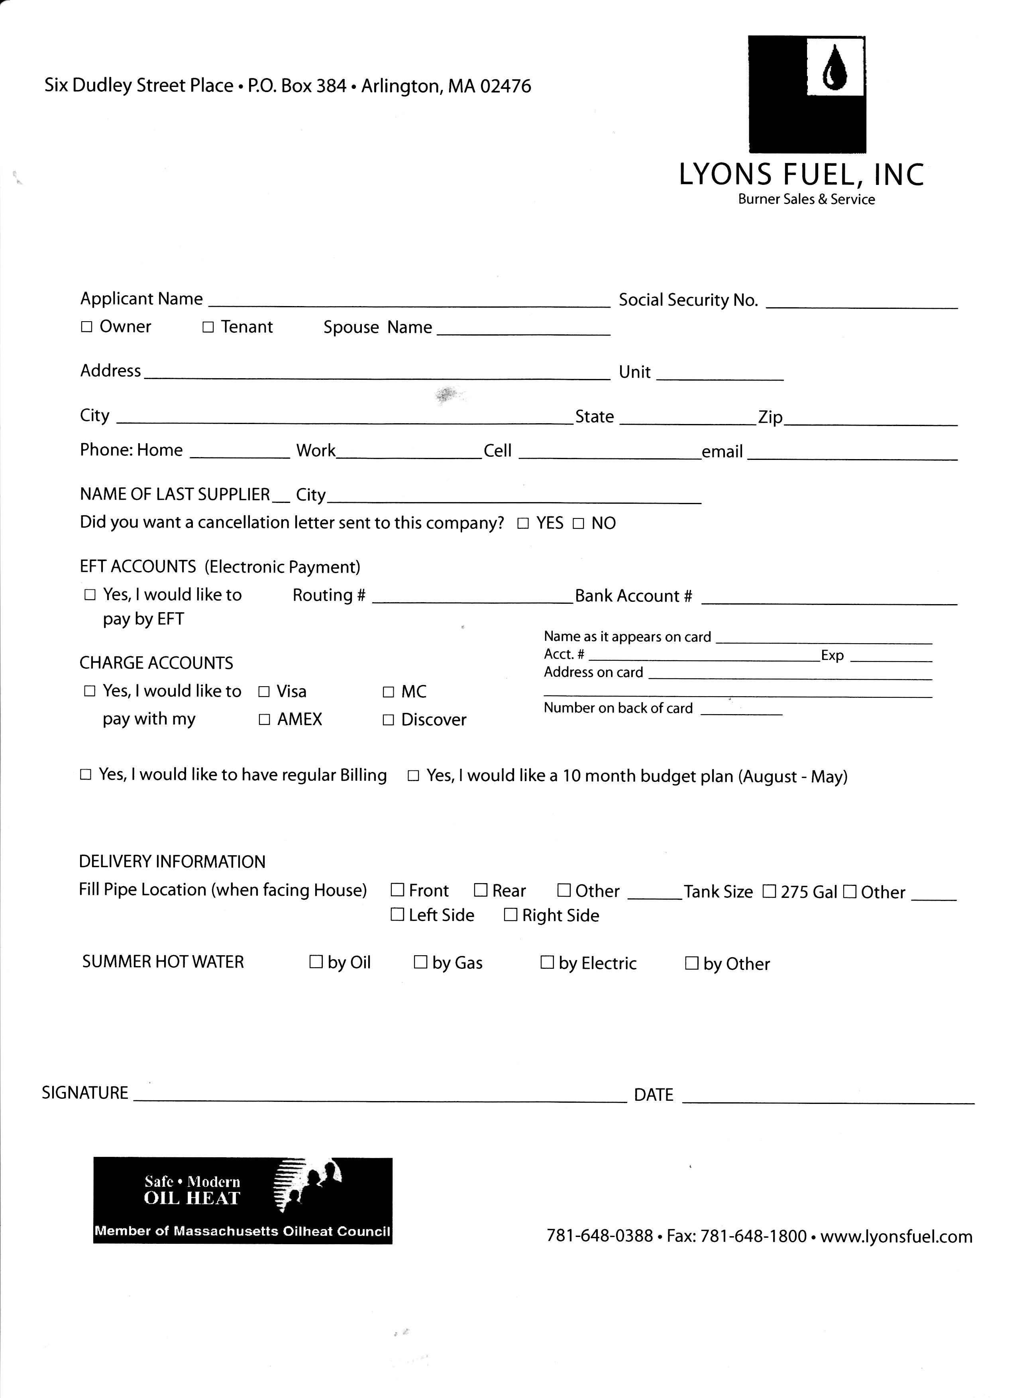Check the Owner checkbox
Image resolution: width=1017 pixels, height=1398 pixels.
[86, 327]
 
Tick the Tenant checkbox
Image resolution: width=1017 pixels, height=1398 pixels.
[208, 327]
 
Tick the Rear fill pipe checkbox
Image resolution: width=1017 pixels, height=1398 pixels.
[481, 891]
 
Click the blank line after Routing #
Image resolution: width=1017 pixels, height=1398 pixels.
[473, 597]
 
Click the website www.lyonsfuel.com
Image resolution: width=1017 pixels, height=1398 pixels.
[896, 1237]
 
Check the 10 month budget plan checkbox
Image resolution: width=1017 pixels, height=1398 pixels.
[414, 776]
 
